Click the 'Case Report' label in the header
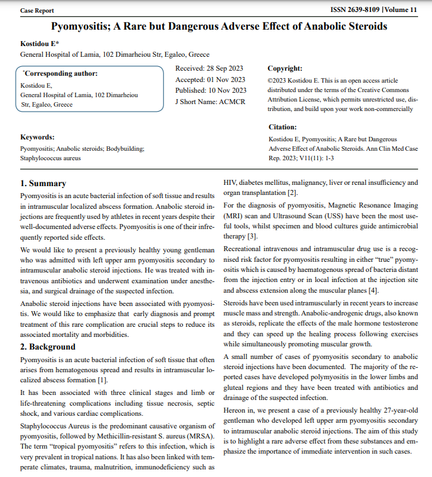pyautogui.click(x=37, y=11)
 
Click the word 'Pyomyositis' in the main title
pyautogui.click(x=83, y=26)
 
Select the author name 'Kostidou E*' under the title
pyautogui.click(x=40, y=43)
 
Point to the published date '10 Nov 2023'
pyautogui.click(x=228, y=90)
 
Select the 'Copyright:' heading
pyautogui.click(x=284, y=68)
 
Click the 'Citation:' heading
pyautogui.click(x=283, y=127)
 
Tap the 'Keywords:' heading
pyautogui.click(x=37, y=137)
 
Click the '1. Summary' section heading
pyautogui.click(x=43, y=184)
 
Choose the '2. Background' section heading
pyautogui.click(x=48, y=346)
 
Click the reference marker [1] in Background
pyautogui.click(x=102, y=380)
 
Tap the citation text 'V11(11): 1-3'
pyautogui.click(x=308, y=158)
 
